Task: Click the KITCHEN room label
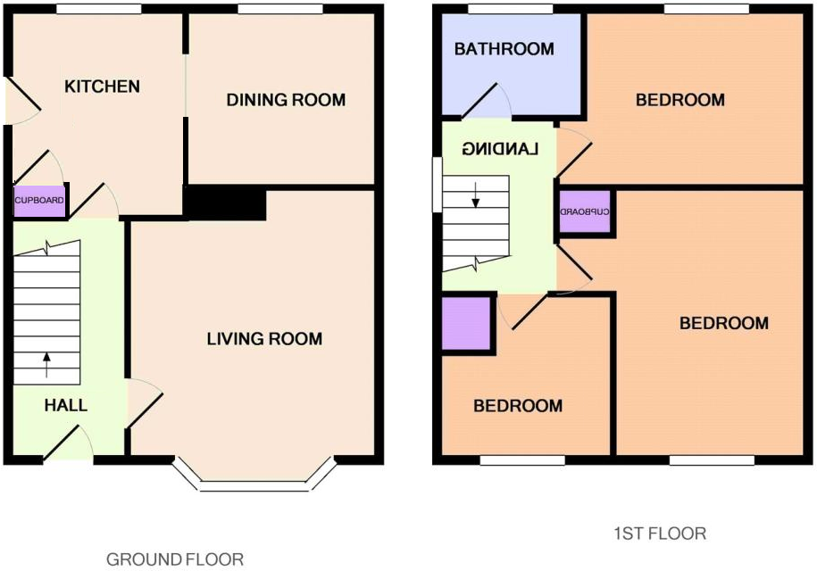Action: [x=102, y=87]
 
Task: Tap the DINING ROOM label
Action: [x=286, y=100]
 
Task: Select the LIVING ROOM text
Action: [x=264, y=339]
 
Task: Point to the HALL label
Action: [x=66, y=405]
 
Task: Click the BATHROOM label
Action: [x=504, y=49]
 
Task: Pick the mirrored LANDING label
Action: [x=501, y=149]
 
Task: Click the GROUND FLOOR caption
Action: [x=175, y=559]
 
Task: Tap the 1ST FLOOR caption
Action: [x=660, y=534]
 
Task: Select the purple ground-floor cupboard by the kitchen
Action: [x=39, y=201]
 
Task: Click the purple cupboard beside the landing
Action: [x=585, y=212]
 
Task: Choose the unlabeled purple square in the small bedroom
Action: [x=467, y=323]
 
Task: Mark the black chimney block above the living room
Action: [x=224, y=203]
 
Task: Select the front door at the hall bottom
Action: [x=68, y=444]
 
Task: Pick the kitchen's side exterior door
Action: [x=20, y=99]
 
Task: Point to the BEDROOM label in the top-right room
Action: [x=680, y=100]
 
